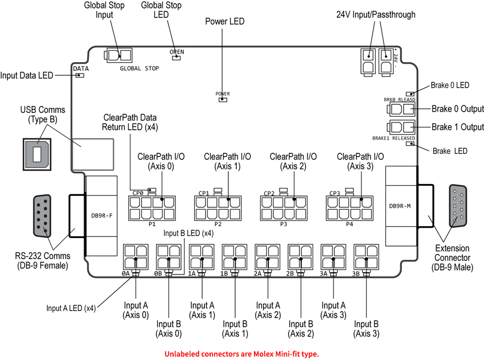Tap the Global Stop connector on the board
[x=118, y=55]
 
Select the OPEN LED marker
[x=177, y=58]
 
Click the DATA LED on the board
[x=80, y=75]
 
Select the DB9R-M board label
[x=401, y=206]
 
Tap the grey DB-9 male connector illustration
[x=459, y=208]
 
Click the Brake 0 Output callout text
[x=457, y=109]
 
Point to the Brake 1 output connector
[x=401, y=128]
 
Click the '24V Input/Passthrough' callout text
[x=376, y=15]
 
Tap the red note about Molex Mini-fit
[x=242, y=354]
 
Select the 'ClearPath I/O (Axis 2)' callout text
[x=294, y=161]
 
